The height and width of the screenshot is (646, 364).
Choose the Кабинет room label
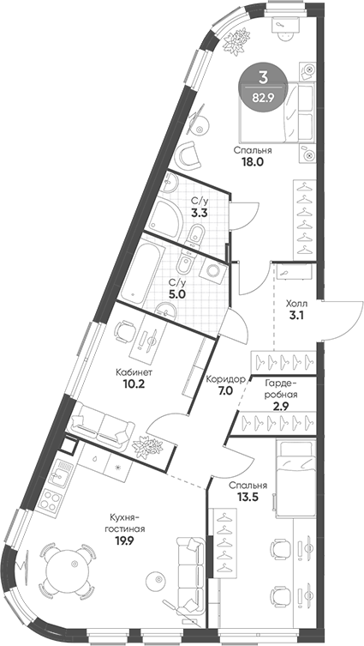pos(134,373)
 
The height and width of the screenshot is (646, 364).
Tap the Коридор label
pos(227,378)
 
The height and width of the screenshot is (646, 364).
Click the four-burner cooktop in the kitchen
pos(51,497)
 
